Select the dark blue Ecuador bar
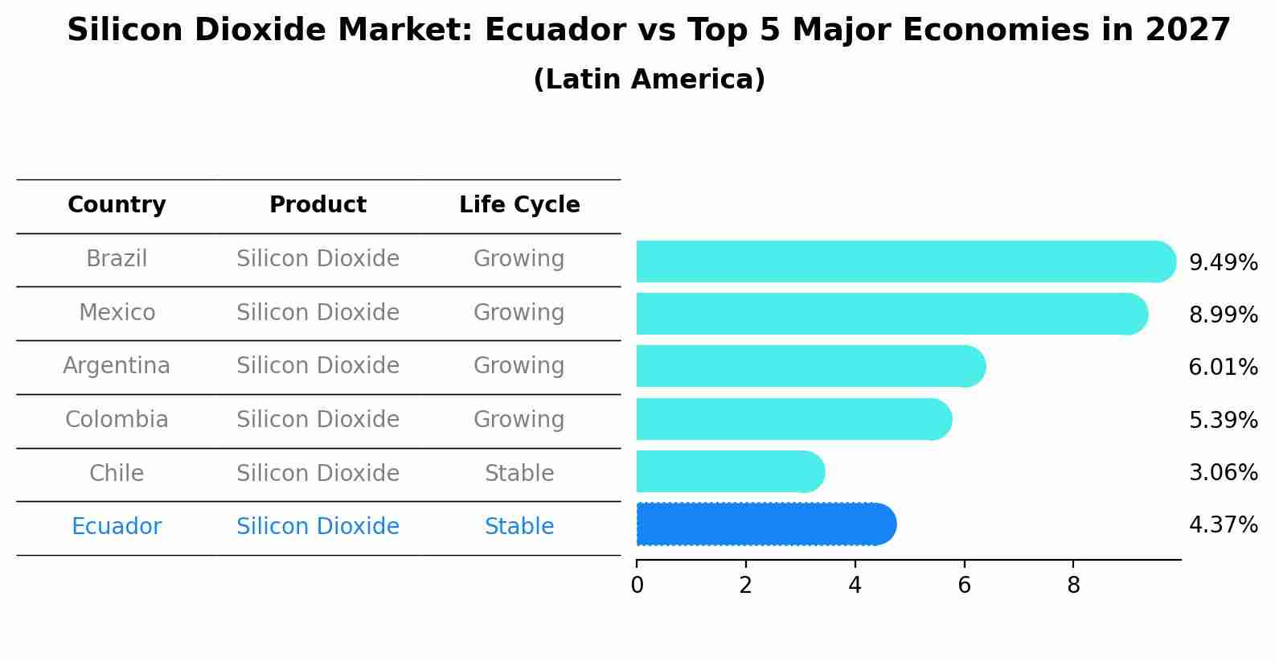(x=764, y=524)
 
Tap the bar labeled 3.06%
(x=728, y=471)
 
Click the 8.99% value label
(x=1223, y=315)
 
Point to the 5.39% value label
(x=1223, y=420)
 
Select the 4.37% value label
(x=1223, y=525)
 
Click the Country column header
(x=117, y=205)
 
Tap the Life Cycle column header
(x=519, y=205)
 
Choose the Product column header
(x=318, y=205)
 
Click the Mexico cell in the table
(x=117, y=312)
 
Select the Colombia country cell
(x=117, y=419)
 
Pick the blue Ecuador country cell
(x=117, y=526)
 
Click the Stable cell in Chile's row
(x=519, y=473)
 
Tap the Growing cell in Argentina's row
(x=519, y=365)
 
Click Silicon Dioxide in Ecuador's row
(x=318, y=526)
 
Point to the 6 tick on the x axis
(x=964, y=585)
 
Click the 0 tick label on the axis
(x=637, y=585)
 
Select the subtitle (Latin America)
(x=649, y=79)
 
